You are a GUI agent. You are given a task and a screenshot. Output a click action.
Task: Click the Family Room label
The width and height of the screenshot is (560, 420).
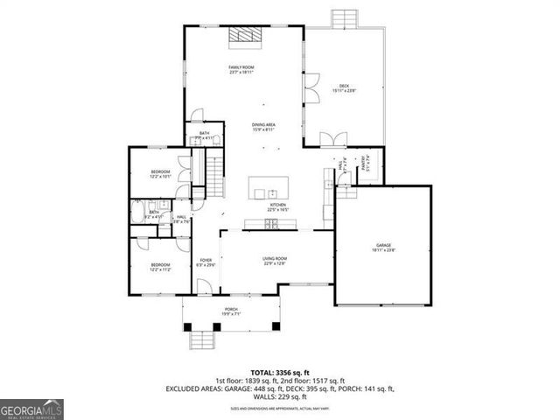pos(241,70)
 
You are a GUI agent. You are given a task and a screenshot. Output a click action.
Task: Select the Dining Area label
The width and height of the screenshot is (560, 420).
pos(264,128)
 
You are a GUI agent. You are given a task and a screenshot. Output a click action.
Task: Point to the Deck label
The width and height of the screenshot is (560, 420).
pos(344,87)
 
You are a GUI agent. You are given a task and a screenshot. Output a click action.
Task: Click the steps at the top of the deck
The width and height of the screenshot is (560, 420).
pos(344,19)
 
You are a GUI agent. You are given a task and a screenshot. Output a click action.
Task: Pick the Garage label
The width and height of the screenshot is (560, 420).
pos(383,247)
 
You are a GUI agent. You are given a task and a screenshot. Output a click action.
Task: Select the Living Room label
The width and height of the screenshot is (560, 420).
pos(275,260)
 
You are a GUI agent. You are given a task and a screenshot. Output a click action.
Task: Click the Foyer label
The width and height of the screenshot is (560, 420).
pos(206,262)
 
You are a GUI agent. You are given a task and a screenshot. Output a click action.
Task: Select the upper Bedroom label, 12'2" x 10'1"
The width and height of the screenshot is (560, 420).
pos(159,173)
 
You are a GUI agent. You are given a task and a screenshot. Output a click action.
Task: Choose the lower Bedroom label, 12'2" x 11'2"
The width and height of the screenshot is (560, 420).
pos(158,266)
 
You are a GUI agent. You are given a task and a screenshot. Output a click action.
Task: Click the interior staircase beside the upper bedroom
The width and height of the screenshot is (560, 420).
pos(215,171)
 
